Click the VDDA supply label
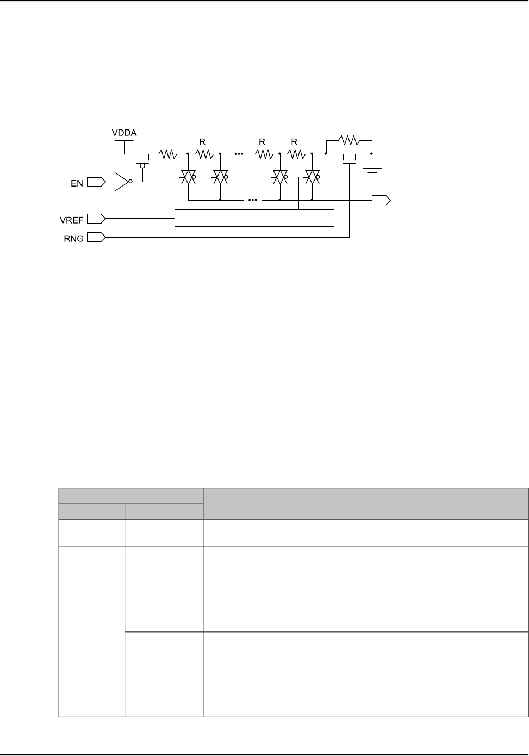[x=125, y=132]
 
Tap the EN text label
[x=77, y=183]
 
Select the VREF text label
[x=71, y=220]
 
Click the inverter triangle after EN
[x=122, y=182]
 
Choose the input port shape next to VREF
[x=96, y=219]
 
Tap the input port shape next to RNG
[x=96, y=238]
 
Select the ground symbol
[x=372, y=172]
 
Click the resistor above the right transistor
[x=348, y=141]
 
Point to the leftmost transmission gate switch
[x=188, y=177]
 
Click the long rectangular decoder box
[x=254, y=218]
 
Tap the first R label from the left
[x=202, y=141]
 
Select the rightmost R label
[x=295, y=141]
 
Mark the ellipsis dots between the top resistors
[x=239, y=154]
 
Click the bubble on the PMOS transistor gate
[x=143, y=166]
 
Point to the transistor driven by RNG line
[x=349, y=159]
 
